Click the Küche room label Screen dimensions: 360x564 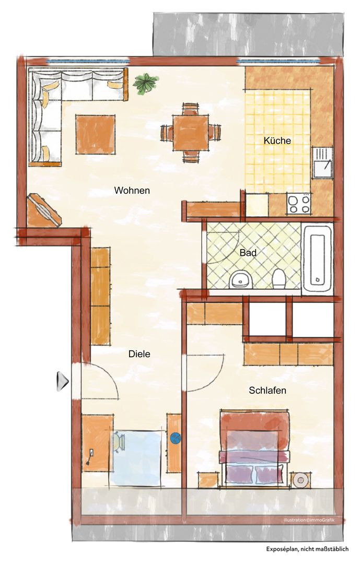point(277,140)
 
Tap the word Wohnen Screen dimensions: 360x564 point(132,190)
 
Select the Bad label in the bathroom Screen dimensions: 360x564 point(248,253)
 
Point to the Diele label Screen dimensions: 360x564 point(140,354)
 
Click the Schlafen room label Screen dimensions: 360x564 point(268,390)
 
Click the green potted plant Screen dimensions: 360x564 point(145,84)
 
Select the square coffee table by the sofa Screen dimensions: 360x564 point(96,135)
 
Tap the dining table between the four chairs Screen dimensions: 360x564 point(190,133)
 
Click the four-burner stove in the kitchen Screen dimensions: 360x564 point(299,204)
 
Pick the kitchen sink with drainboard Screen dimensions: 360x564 point(322,162)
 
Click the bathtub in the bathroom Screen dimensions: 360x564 point(317,258)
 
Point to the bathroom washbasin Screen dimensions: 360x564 point(237,279)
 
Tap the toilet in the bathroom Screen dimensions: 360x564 point(279,278)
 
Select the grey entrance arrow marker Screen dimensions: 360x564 point(62,381)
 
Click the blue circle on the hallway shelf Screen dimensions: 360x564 point(176,438)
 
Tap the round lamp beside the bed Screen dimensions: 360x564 point(300,480)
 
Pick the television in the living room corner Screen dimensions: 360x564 point(44,210)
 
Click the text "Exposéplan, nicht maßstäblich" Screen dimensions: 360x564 point(307,549)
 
